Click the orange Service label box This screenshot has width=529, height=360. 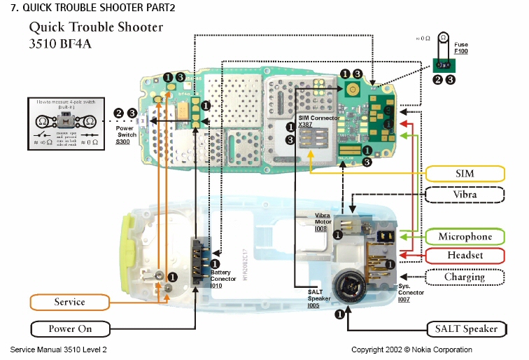(69, 303)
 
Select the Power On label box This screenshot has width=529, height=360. (70, 328)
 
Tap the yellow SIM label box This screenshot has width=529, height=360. (465, 174)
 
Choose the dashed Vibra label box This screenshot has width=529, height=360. (465, 194)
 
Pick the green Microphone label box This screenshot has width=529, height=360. (465, 237)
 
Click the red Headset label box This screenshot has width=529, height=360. (465, 256)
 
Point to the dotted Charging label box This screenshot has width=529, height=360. (465, 277)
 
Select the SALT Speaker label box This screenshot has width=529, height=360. (466, 328)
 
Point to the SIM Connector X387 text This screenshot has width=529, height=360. (319, 120)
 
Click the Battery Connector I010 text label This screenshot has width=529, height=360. (223, 278)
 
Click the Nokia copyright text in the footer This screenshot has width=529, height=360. (411, 349)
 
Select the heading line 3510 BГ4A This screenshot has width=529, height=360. (60, 43)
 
